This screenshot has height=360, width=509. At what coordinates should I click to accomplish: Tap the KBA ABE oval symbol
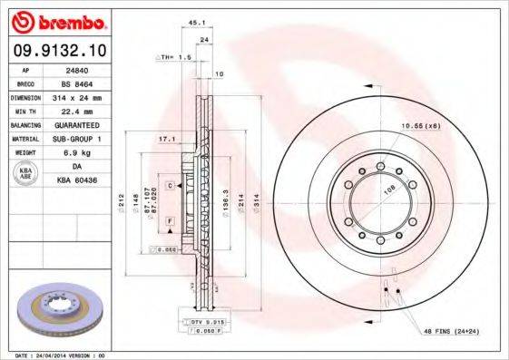coord(25,174)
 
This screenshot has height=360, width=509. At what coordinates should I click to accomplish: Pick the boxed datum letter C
coord(170,185)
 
